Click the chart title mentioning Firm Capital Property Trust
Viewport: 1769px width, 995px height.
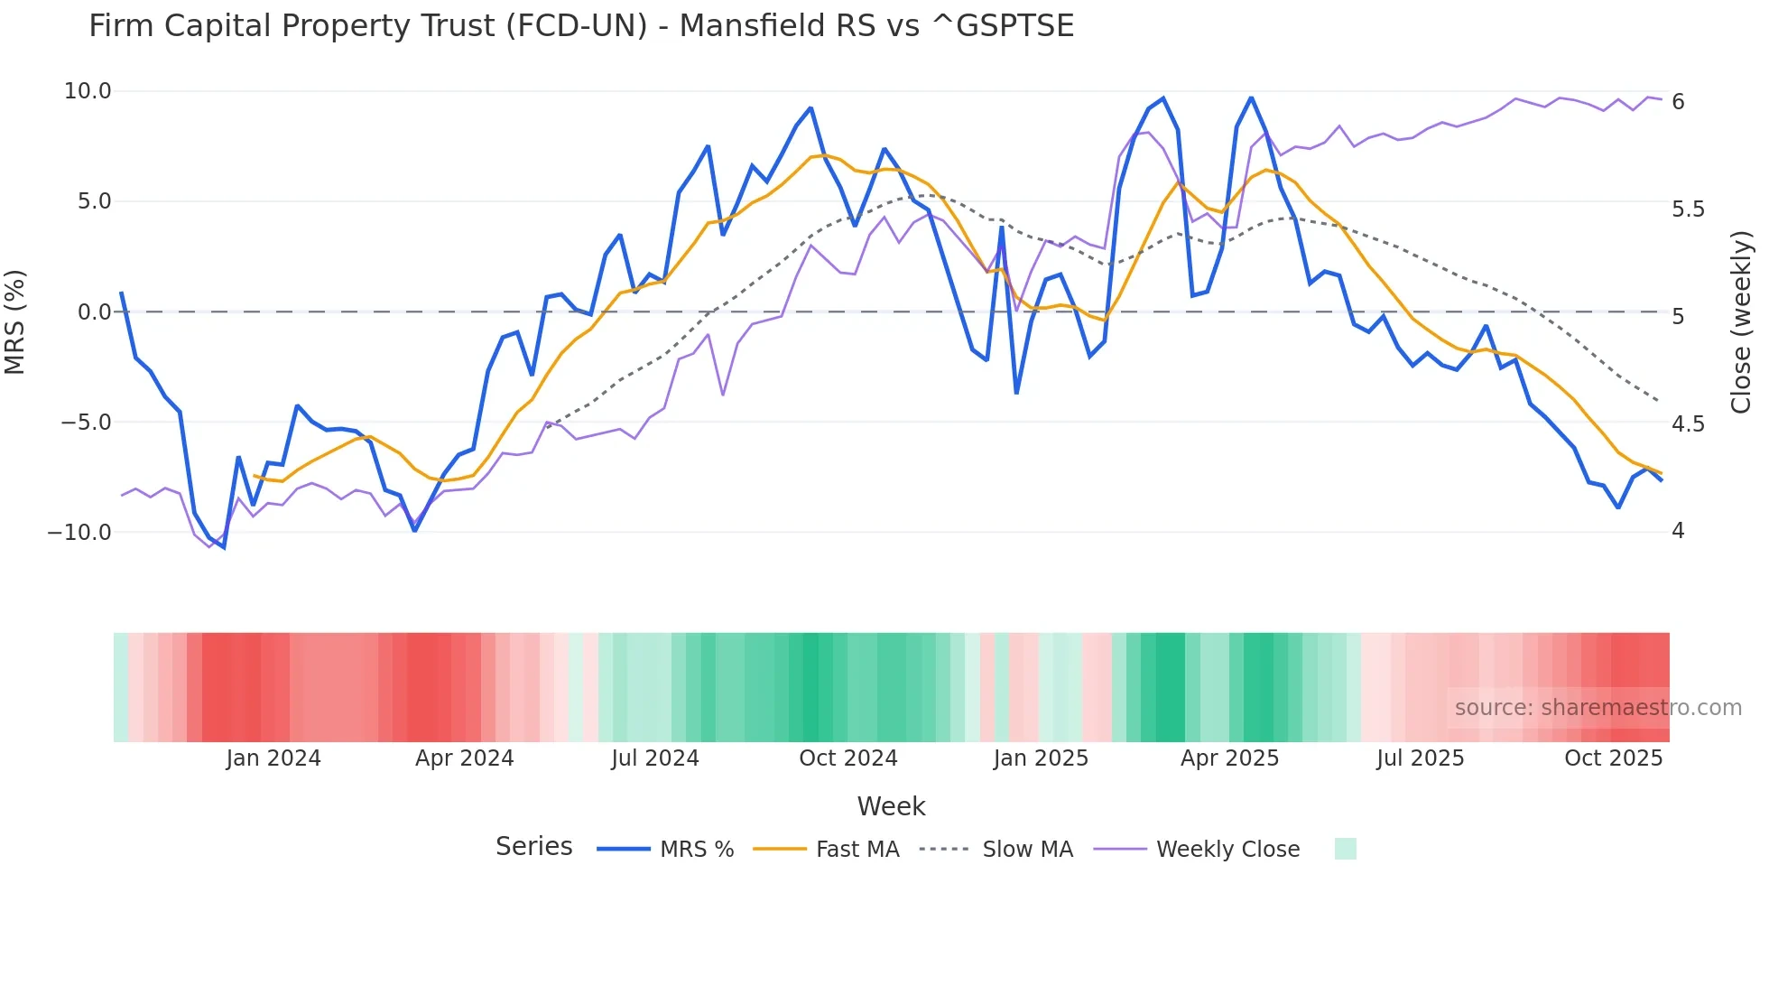[x=581, y=26]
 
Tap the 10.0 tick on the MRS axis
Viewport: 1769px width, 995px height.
[x=88, y=91]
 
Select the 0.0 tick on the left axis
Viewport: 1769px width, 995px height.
[x=94, y=312]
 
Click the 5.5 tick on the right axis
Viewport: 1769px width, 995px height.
[x=1688, y=209]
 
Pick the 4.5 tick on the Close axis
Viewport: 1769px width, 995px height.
[x=1688, y=423]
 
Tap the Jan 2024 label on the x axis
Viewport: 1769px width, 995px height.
[x=273, y=758]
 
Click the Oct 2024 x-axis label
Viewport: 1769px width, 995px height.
[x=848, y=758]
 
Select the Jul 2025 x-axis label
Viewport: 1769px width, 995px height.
[x=1420, y=758]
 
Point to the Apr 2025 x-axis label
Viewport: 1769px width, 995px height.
[x=1229, y=758]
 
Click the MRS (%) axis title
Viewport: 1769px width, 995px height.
[x=15, y=321]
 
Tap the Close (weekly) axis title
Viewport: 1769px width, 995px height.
[x=1741, y=322]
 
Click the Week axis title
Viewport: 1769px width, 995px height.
[x=891, y=806]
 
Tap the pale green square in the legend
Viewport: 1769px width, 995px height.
[x=1345, y=849]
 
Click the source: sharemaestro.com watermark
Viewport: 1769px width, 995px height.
[x=1598, y=708]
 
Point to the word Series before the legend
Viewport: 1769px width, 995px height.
[x=533, y=847]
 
